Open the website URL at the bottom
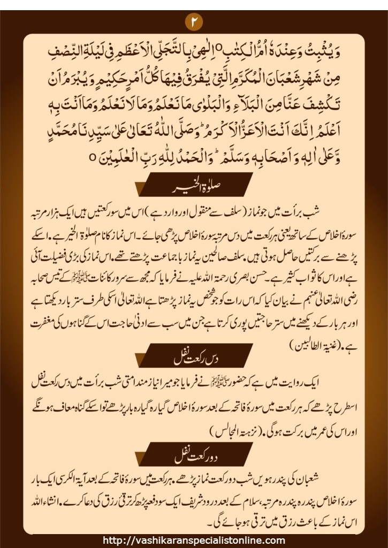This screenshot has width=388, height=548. point(194,541)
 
